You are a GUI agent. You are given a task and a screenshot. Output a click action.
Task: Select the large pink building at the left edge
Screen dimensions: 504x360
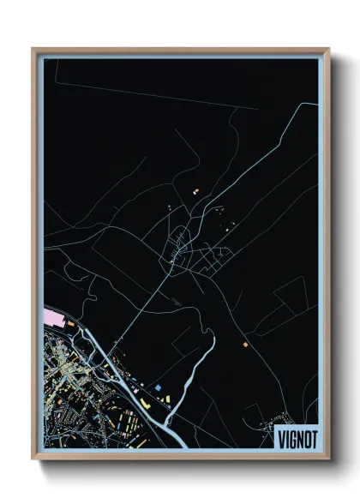pos(53,319)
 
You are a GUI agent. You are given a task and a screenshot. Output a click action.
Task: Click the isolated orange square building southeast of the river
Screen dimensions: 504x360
pos(244,345)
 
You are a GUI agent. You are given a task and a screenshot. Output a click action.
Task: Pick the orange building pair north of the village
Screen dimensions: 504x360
pos(195,189)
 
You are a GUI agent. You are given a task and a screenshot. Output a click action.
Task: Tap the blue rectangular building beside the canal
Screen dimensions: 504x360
pos(159,387)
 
